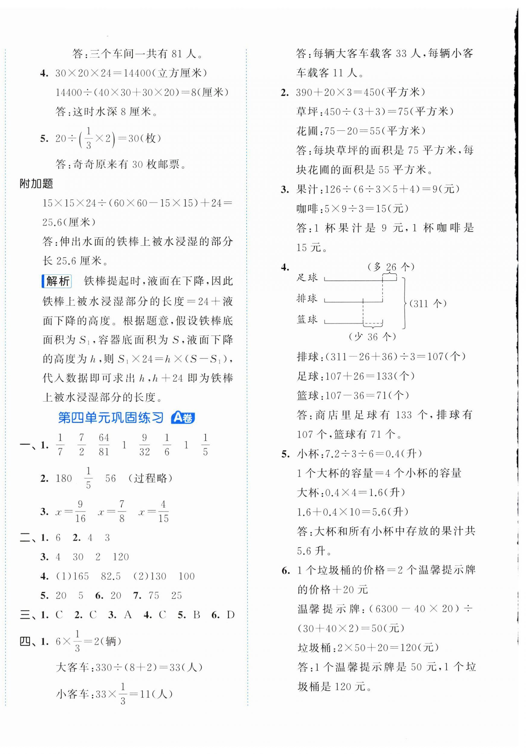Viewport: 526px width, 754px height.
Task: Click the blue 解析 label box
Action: coord(57,281)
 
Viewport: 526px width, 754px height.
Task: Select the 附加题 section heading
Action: coord(36,184)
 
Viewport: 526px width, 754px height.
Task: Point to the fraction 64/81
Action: coord(104,445)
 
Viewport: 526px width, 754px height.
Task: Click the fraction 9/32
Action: coord(144,445)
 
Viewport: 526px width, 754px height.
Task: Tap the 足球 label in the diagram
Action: coord(307,277)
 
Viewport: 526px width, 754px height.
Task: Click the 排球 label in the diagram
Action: coord(307,299)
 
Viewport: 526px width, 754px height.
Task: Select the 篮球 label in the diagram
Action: coord(307,319)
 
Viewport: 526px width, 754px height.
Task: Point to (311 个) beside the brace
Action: coord(428,303)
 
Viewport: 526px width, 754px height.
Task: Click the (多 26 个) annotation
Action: coord(391,267)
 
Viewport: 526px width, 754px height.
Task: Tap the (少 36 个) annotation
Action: coord(372,337)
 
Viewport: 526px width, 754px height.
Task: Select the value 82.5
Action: coord(111,576)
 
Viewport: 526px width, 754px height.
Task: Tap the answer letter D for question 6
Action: coord(231,615)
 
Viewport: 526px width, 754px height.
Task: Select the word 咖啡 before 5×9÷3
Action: coord(306,209)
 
